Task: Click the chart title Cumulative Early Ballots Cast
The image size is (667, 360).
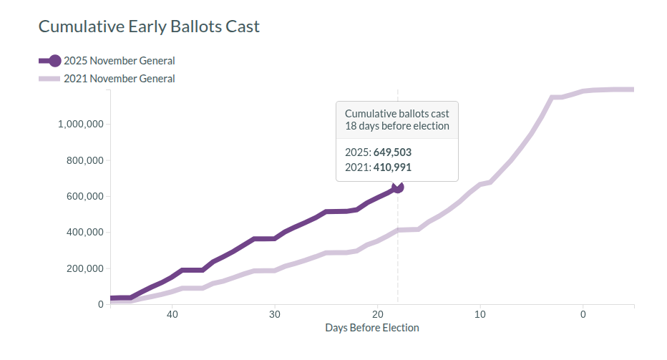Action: (x=149, y=26)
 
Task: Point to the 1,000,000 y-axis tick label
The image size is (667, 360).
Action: (x=80, y=124)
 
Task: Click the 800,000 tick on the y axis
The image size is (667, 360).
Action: (x=84, y=160)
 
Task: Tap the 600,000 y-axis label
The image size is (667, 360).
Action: (x=84, y=196)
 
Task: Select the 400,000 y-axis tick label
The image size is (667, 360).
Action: (x=84, y=232)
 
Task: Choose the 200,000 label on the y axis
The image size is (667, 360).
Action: (x=84, y=268)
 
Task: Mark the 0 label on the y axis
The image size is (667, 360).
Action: (x=100, y=304)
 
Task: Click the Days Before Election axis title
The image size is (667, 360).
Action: (x=371, y=328)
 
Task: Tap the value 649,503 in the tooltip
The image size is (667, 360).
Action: (x=392, y=152)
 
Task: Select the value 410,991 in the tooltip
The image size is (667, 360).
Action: (x=392, y=167)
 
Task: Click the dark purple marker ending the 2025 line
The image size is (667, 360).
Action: (x=398, y=187)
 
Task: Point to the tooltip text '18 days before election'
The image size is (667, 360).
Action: (x=396, y=126)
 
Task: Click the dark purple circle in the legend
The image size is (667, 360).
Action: (x=55, y=61)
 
